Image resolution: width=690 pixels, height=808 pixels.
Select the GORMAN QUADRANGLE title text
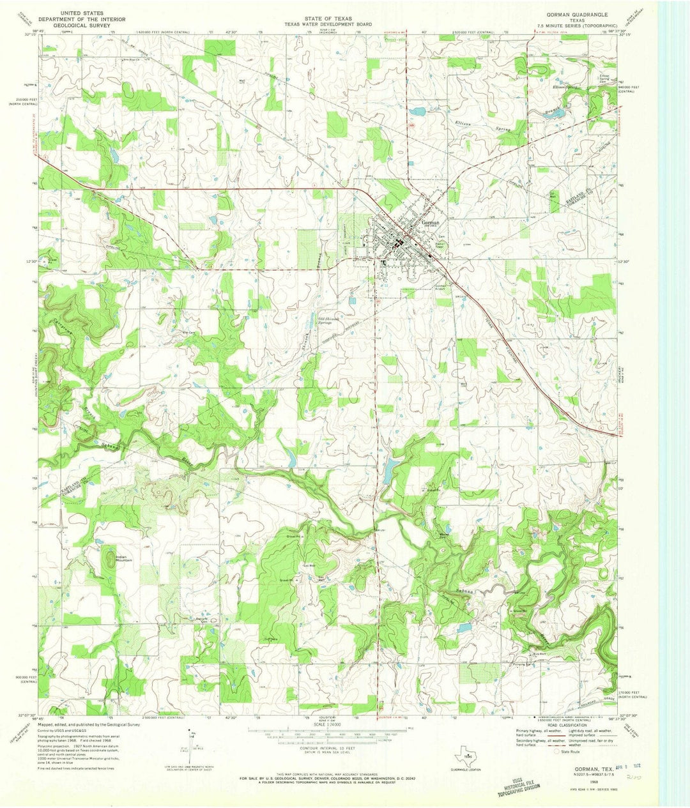tap(573, 13)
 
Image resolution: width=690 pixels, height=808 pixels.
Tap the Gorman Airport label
tap(442, 287)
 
